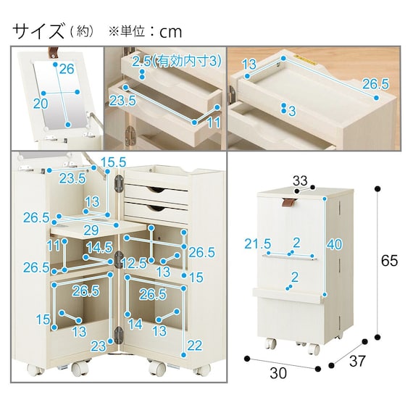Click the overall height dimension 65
tap(389, 261)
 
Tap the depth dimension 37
tap(358, 361)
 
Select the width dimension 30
tap(278, 373)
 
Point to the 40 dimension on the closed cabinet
tap(334, 244)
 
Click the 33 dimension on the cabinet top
tap(300, 180)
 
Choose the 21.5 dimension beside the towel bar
tap(258, 243)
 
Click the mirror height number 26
tap(67, 69)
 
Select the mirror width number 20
tap(41, 104)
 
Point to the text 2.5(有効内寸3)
tap(177, 62)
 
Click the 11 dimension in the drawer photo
tap(213, 122)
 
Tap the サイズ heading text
tap(38, 31)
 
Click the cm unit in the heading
tap(171, 32)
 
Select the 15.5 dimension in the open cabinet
tap(114, 162)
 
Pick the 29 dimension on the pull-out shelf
tap(91, 230)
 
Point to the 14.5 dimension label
tap(99, 248)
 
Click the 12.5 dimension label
tap(134, 263)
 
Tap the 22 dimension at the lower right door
tap(194, 346)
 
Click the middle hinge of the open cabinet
tap(119, 259)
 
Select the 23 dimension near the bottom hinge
tap(99, 346)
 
